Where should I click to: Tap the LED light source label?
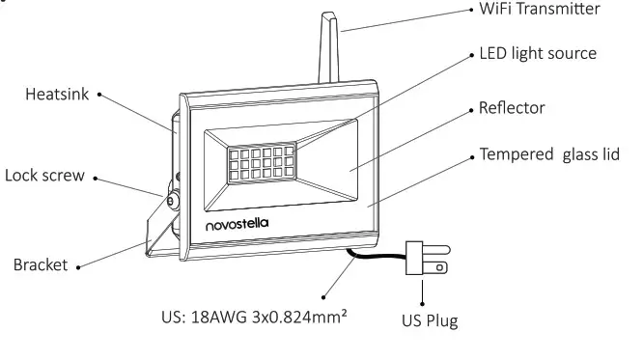tap(538, 53)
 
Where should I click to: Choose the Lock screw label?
tap(44, 176)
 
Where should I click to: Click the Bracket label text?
tap(41, 264)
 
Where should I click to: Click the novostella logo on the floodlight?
tap(237, 224)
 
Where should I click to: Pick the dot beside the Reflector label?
tap(472, 108)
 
